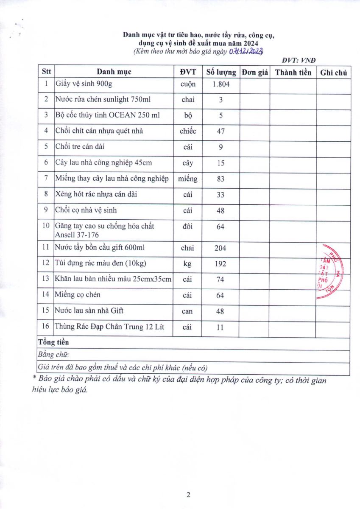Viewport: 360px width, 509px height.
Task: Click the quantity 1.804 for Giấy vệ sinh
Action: tap(220, 84)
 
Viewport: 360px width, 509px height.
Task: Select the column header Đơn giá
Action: tap(255, 72)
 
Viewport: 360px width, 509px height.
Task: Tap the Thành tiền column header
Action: tap(293, 72)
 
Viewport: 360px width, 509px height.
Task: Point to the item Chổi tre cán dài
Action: tap(80, 147)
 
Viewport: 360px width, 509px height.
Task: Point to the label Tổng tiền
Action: tap(53, 342)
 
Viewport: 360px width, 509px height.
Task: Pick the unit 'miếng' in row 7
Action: tap(188, 179)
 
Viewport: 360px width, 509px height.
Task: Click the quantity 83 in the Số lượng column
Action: tap(220, 179)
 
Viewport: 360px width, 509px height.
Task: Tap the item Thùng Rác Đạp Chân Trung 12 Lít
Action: tap(112, 327)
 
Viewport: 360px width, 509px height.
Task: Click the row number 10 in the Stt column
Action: tap(45, 225)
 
